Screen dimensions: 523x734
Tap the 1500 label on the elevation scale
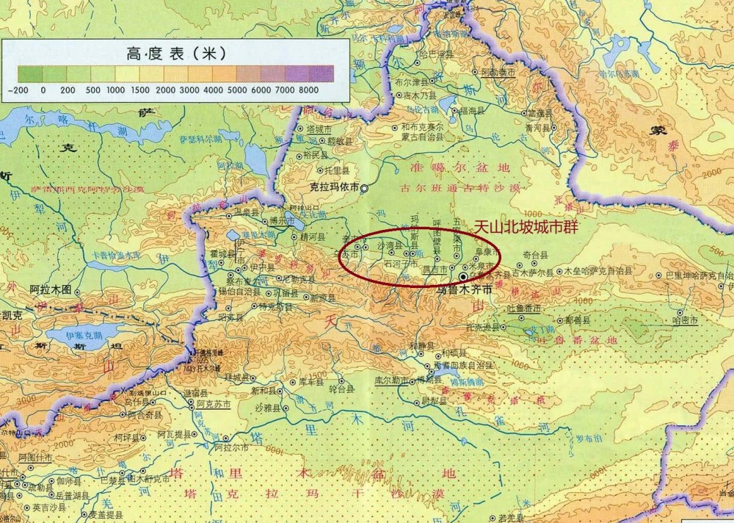(139, 90)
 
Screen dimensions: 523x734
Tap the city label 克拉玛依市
(334, 187)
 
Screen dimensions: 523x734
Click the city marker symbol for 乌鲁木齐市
(464, 276)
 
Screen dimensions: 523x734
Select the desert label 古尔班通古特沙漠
(459, 189)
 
